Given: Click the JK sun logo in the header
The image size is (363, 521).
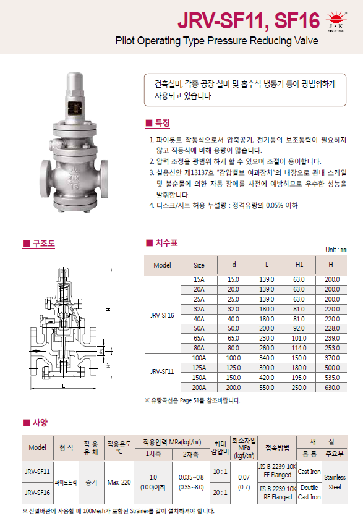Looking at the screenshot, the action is [x=336, y=21].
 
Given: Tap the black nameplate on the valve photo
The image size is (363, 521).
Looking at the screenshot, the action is [x=74, y=108].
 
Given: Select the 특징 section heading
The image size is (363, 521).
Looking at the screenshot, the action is [x=158, y=123].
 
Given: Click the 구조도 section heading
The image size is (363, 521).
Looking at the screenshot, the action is [x=39, y=244].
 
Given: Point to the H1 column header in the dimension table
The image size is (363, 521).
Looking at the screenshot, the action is [x=299, y=265].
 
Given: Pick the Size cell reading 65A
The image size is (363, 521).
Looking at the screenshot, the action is [x=199, y=338].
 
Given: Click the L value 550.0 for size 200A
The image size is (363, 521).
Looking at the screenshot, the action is [x=267, y=388].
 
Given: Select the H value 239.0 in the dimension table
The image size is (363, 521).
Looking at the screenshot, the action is [x=332, y=338].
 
